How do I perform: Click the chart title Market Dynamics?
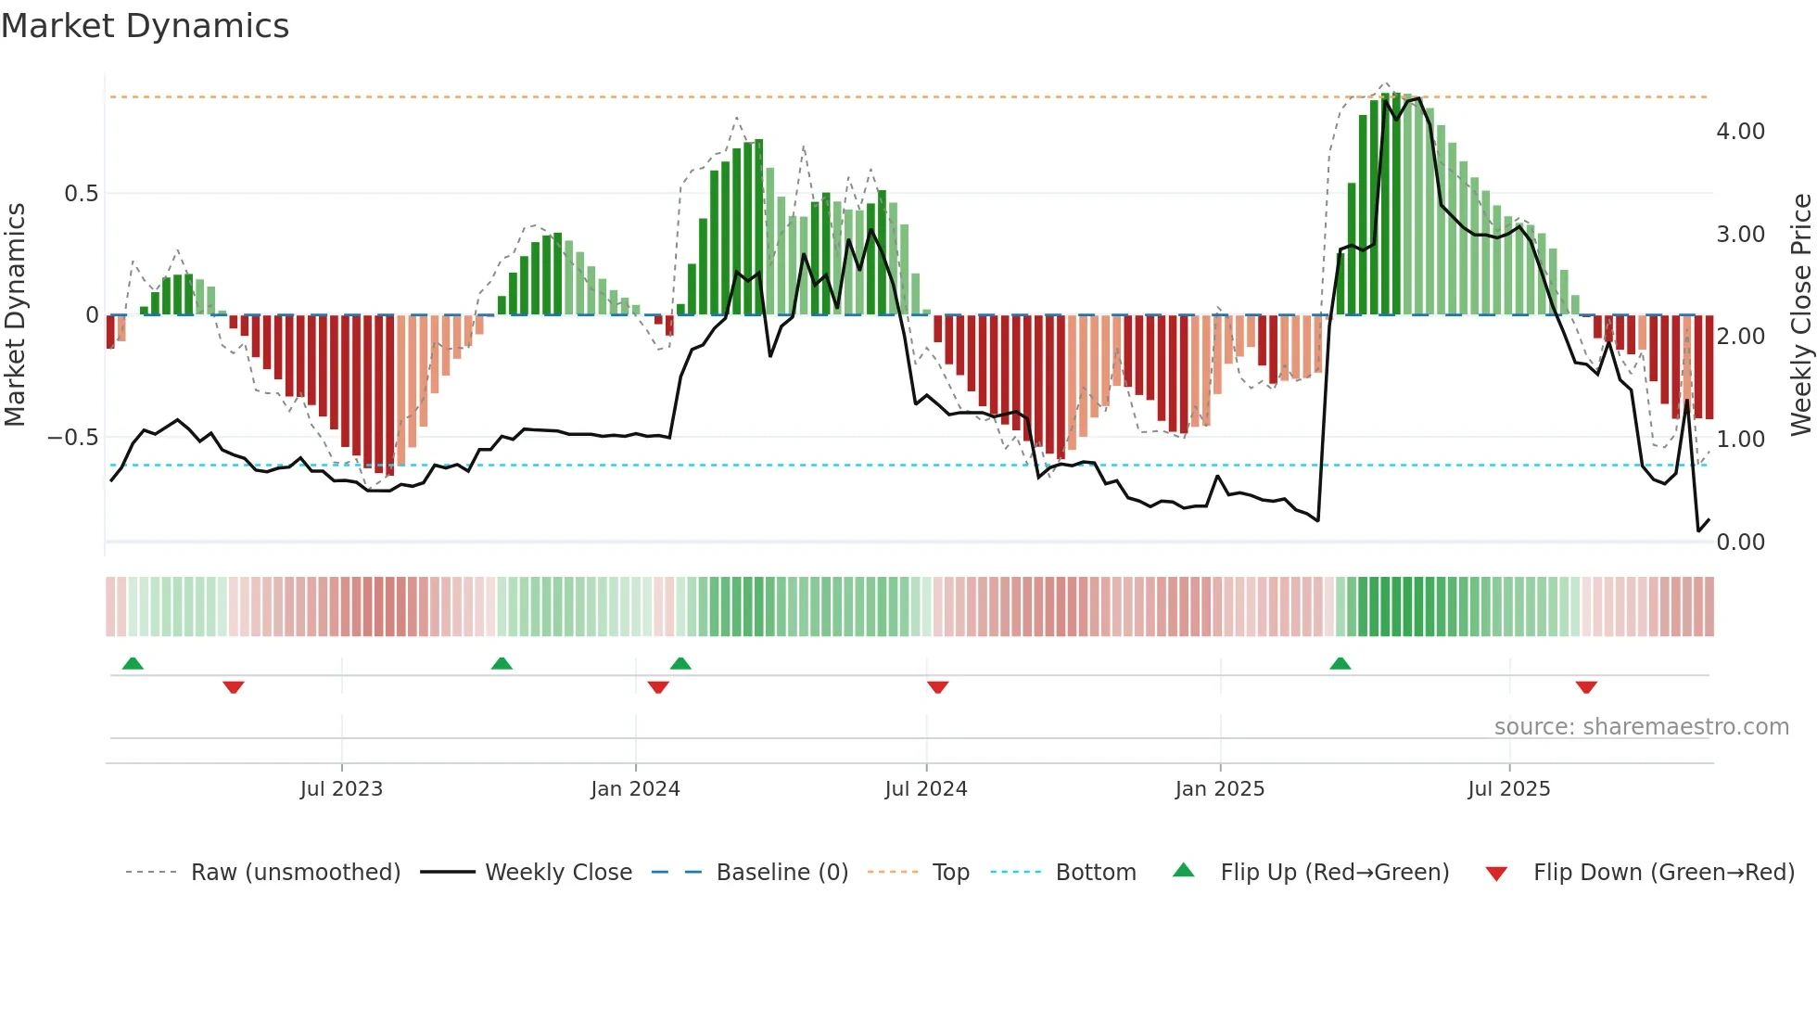146,26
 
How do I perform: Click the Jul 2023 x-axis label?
341,789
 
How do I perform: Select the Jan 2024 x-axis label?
635,789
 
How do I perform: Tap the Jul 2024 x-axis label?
925,789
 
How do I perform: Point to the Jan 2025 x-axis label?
1219,789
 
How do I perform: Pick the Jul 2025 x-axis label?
1508,789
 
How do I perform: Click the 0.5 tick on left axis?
81,194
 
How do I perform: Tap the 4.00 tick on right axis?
1740,132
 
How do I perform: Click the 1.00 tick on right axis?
1740,440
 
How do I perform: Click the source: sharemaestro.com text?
1641,727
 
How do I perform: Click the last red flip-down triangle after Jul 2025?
1585,687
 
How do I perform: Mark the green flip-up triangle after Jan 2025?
1340,663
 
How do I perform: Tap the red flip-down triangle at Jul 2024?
937,687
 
